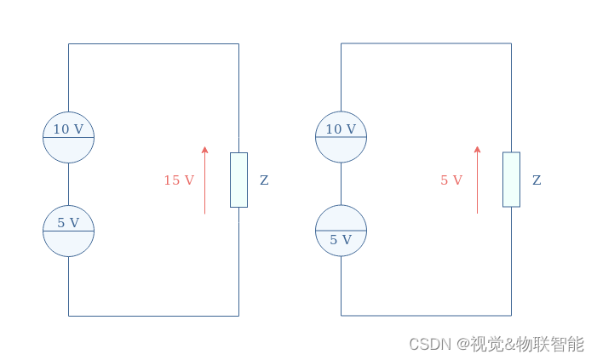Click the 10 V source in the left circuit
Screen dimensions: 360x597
point(68,137)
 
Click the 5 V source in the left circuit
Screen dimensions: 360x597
point(68,231)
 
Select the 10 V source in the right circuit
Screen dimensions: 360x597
point(341,137)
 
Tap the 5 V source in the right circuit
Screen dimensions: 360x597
point(341,231)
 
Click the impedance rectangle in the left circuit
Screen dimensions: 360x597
point(238,180)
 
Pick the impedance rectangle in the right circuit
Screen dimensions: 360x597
point(511,180)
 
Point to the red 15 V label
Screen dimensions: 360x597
point(179,180)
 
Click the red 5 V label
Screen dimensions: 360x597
point(451,180)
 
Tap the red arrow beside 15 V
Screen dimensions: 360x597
point(204,180)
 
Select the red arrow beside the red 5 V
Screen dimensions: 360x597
point(477,180)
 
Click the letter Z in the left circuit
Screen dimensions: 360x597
point(264,180)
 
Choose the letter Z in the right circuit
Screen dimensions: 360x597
point(537,180)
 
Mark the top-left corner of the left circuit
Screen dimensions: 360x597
point(68,43)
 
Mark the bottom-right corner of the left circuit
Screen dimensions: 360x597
point(238,316)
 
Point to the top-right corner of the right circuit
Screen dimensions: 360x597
point(511,43)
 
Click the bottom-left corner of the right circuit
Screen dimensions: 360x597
point(341,316)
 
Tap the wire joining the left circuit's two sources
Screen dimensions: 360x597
point(68,184)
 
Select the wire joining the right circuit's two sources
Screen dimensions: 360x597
point(341,184)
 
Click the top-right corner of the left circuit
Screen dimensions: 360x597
point(238,43)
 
